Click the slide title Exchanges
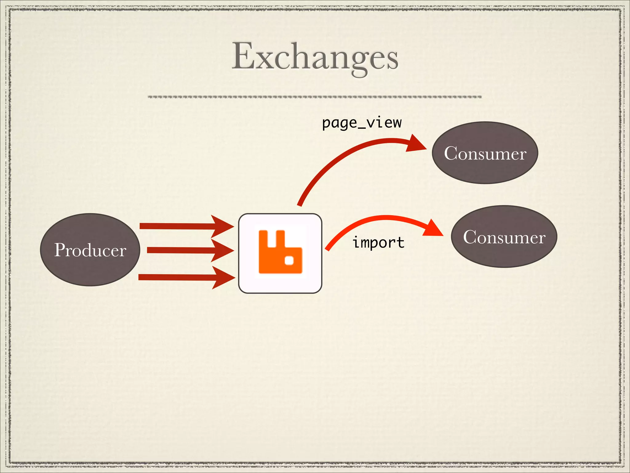point(315,57)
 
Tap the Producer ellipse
point(90,249)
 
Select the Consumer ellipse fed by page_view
point(485,153)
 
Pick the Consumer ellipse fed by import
point(504,236)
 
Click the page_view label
point(362,123)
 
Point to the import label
point(378,243)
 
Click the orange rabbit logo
point(280,252)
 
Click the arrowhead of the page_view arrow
point(416,144)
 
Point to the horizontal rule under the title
point(314,97)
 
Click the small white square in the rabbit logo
point(289,261)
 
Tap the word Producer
point(90,250)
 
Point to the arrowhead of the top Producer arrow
point(222,226)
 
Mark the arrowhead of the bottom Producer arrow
point(223,277)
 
